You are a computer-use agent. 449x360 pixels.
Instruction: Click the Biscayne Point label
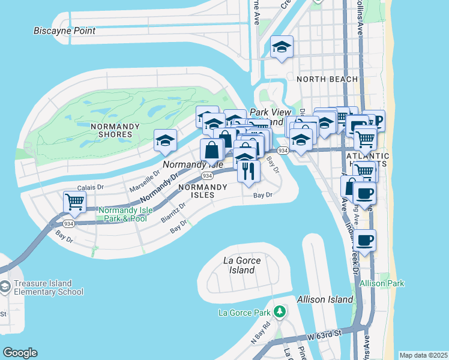64,31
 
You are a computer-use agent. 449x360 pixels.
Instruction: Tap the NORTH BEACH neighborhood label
327,79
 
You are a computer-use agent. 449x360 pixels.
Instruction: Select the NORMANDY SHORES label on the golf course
115,130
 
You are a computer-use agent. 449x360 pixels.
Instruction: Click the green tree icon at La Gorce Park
279,311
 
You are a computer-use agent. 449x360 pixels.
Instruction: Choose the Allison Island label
324,299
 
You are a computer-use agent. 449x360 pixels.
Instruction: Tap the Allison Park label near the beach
382,283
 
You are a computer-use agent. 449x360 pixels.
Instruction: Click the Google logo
20,353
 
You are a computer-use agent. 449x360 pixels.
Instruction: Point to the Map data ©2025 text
423,355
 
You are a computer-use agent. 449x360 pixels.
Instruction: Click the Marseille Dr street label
145,180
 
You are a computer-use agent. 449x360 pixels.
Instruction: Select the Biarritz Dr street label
174,212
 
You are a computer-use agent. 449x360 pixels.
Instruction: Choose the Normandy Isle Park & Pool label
122,214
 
